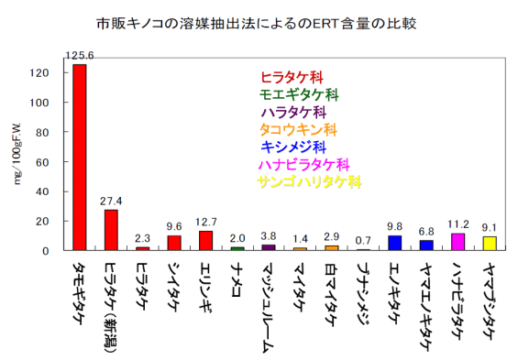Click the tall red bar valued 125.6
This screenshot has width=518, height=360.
click(x=79, y=157)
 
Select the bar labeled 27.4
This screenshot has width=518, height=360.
click(x=110, y=230)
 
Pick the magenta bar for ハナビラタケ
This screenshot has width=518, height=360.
click(x=457, y=242)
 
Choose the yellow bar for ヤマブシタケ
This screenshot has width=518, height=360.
click(x=490, y=244)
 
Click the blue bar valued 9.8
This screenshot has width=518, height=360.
click(x=394, y=243)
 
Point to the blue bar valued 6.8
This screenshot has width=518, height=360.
click(x=426, y=245)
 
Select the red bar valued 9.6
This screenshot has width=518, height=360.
click(x=173, y=243)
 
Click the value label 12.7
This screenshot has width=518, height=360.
click(x=205, y=223)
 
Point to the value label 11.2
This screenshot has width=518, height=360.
click(x=457, y=225)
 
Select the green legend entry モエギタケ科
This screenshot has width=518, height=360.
click(x=299, y=94)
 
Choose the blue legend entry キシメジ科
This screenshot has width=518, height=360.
click(x=292, y=147)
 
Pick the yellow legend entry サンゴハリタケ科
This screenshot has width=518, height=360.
click(x=309, y=181)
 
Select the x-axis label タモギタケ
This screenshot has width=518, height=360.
click(x=79, y=294)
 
